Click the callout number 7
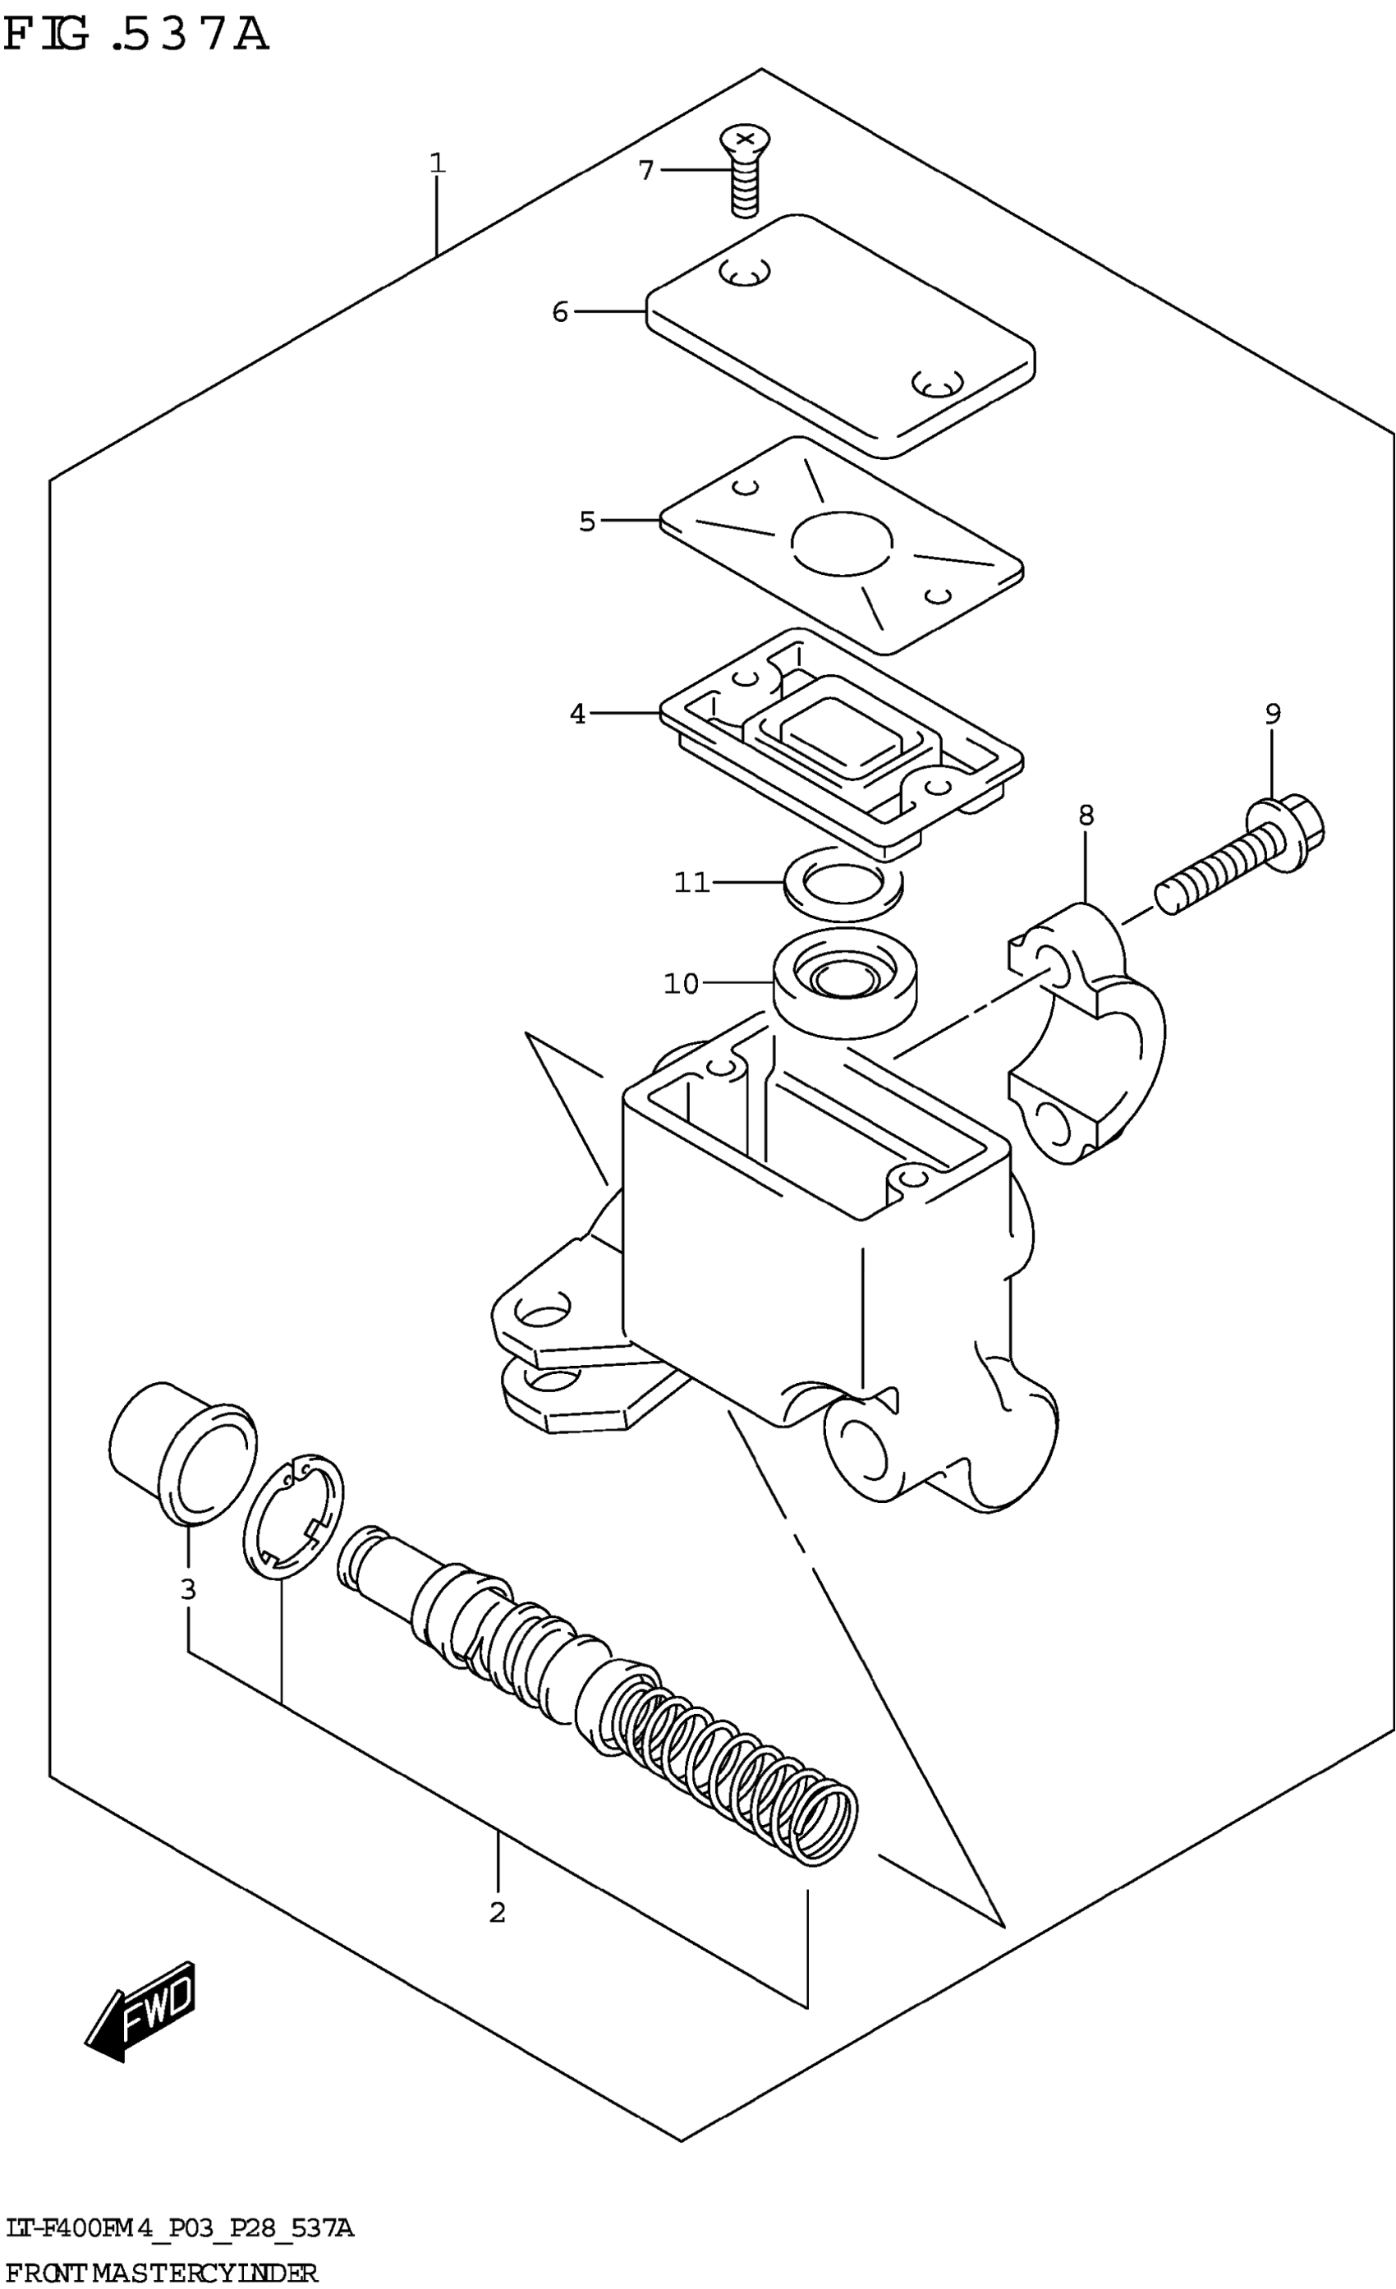coord(645,171)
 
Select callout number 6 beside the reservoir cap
coord(559,312)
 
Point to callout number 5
coord(587,522)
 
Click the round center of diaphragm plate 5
coord(842,543)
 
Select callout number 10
coord(681,983)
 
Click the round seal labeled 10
coord(844,985)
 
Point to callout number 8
coord(1086,816)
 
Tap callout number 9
coord(1273,714)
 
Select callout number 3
coord(187,1588)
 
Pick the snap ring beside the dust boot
coord(292,1518)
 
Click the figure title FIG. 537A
coord(135,35)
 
